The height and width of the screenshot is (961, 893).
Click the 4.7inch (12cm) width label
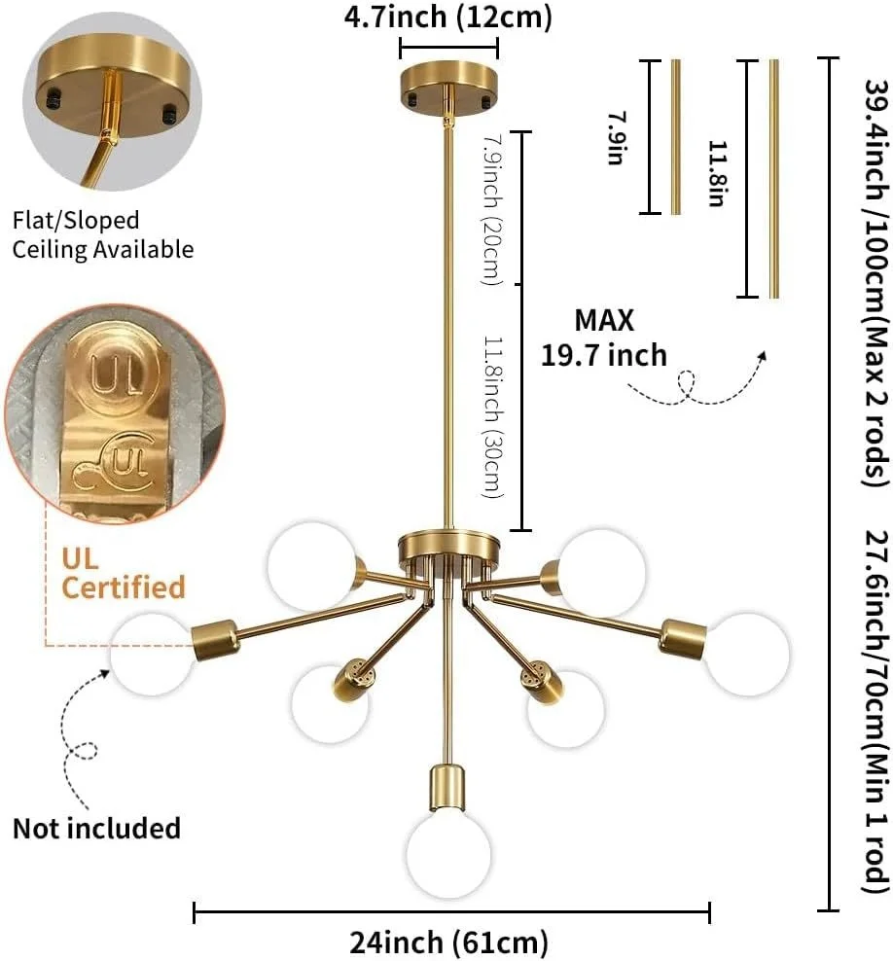point(448,17)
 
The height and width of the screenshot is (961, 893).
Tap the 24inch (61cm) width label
point(448,942)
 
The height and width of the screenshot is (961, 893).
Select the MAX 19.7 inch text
point(604,338)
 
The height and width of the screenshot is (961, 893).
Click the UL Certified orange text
point(123,573)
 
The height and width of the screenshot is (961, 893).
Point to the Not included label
point(96,828)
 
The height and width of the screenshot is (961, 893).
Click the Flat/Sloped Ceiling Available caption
point(102,234)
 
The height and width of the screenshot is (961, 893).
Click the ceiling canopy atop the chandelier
point(448,84)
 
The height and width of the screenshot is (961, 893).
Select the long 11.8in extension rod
point(773,178)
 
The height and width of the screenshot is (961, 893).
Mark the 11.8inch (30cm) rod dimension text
point(494,418)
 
